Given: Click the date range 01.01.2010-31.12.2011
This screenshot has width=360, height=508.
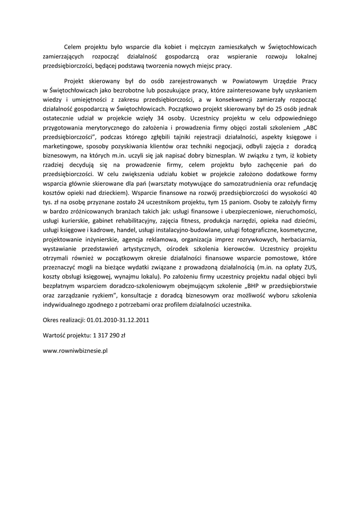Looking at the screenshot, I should (118, 320).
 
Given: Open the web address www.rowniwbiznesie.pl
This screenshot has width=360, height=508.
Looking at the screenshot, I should (75, 350).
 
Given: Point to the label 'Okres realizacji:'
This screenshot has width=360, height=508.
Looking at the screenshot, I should (64, 320).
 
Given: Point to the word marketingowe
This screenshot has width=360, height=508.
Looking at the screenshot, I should (64, 146).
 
